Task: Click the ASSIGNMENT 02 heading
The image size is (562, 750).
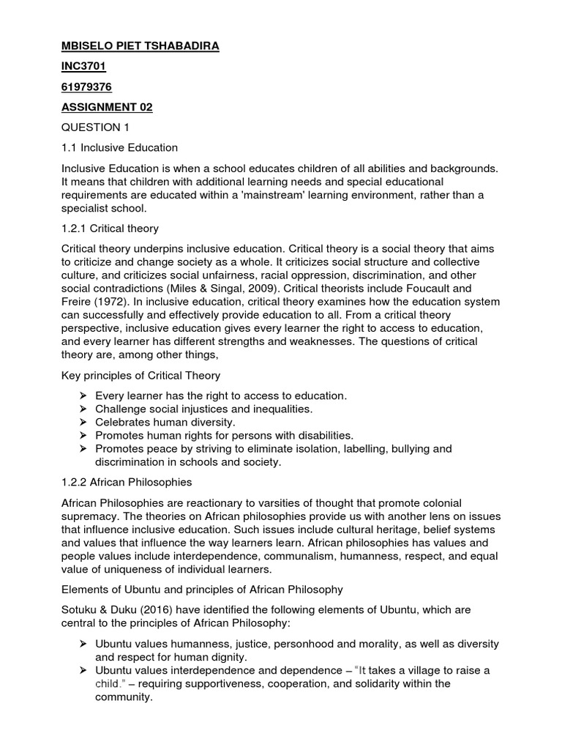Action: (107, 108)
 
